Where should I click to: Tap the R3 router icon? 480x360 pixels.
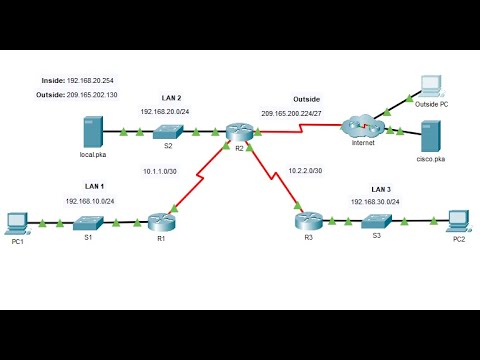(306, 219)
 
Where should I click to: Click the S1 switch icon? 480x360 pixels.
(87, 220)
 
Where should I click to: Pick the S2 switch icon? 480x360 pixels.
(168, 131)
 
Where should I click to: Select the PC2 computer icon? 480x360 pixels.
(458, 219)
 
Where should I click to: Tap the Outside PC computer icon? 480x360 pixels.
(432, 86)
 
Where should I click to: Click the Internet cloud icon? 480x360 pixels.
(358, 128)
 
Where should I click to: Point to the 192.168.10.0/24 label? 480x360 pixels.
(92, 201)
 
